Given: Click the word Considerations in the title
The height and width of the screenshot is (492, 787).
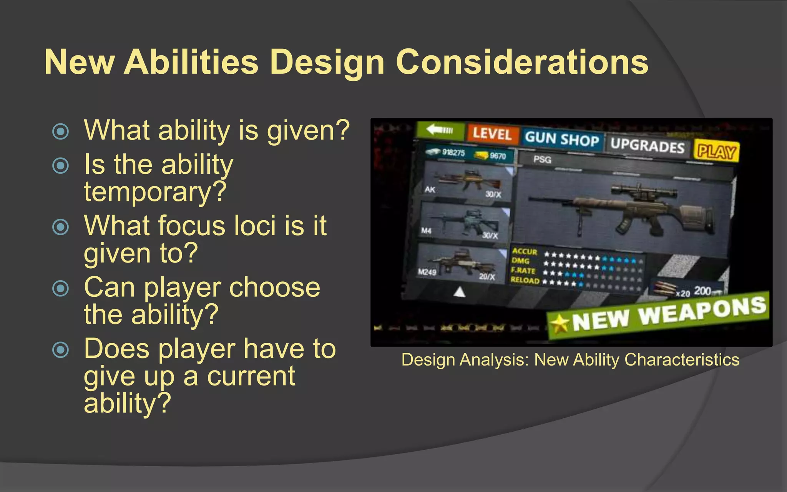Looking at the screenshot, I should click(522, 62).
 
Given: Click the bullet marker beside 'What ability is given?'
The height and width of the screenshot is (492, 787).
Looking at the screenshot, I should click(60, 131).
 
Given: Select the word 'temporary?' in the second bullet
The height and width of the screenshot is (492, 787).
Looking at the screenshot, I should click(155, 191).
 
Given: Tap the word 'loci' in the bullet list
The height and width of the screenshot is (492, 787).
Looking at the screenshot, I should click(254, 226).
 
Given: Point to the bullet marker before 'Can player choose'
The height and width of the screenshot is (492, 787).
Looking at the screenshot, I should click(60, 288).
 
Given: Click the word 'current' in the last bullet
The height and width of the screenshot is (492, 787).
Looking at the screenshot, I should click(251, 376).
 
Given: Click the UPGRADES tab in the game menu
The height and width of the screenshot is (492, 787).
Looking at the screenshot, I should click(647, 145).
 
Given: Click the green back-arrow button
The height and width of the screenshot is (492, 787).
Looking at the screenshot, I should click(440, 130).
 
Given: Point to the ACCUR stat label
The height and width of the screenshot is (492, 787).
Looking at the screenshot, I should click(524, 251).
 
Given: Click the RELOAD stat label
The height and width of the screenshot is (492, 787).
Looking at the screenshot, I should click(525, 280).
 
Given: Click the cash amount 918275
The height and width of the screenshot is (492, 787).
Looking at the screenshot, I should click(453, 153).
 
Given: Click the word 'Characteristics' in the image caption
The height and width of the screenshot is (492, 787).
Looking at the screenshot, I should click(682, 360).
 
